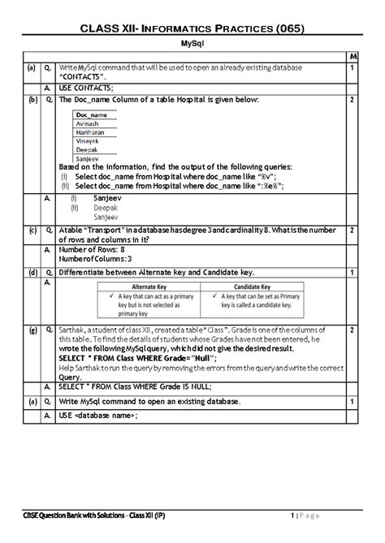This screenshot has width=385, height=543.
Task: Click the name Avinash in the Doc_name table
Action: point(89,123)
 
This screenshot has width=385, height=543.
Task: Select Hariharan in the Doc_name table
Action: point(92,131)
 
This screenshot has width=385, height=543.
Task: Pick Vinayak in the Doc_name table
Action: point(89,140)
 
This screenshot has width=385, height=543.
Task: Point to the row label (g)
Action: point(31,331)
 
